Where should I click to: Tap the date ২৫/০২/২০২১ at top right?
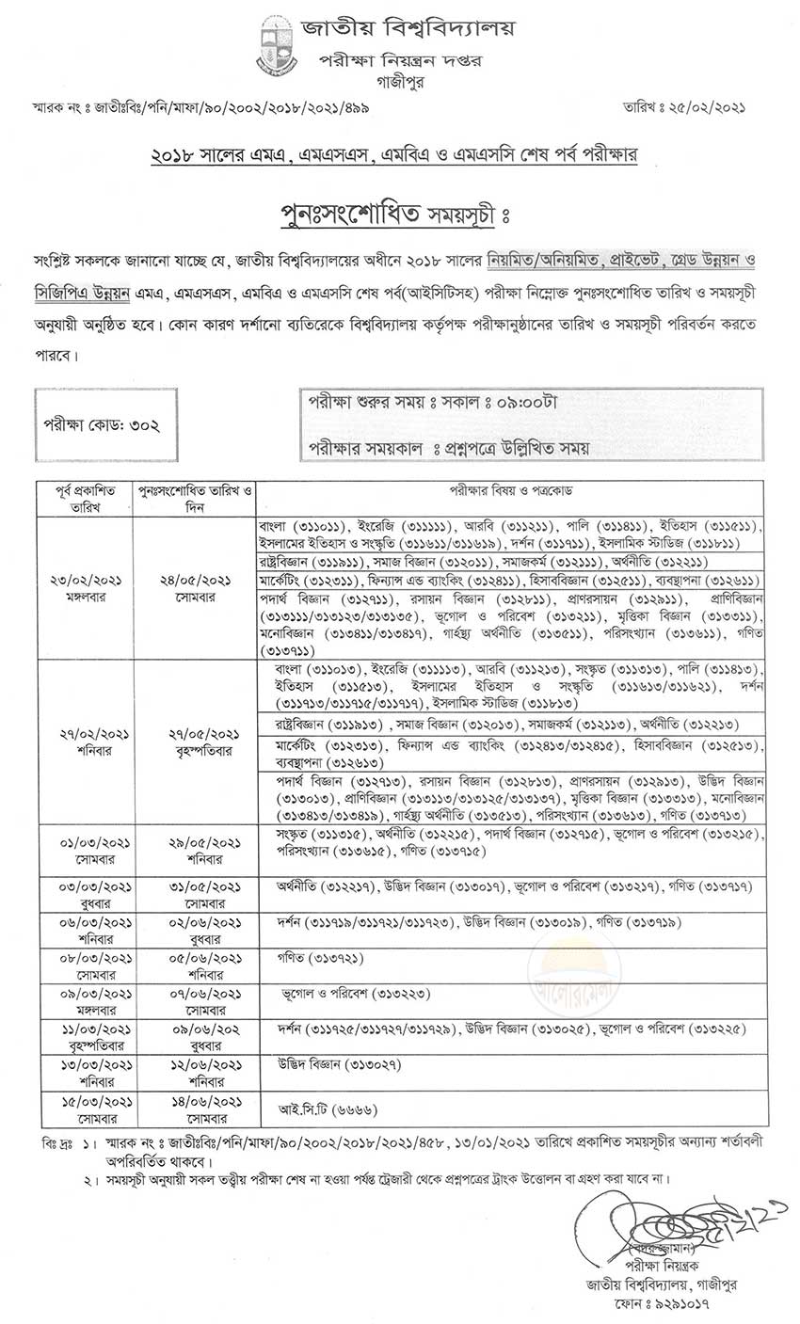coord(696,109)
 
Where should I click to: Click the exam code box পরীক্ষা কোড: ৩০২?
coord(101,425)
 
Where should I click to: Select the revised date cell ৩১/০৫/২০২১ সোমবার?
coord(196,894)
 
